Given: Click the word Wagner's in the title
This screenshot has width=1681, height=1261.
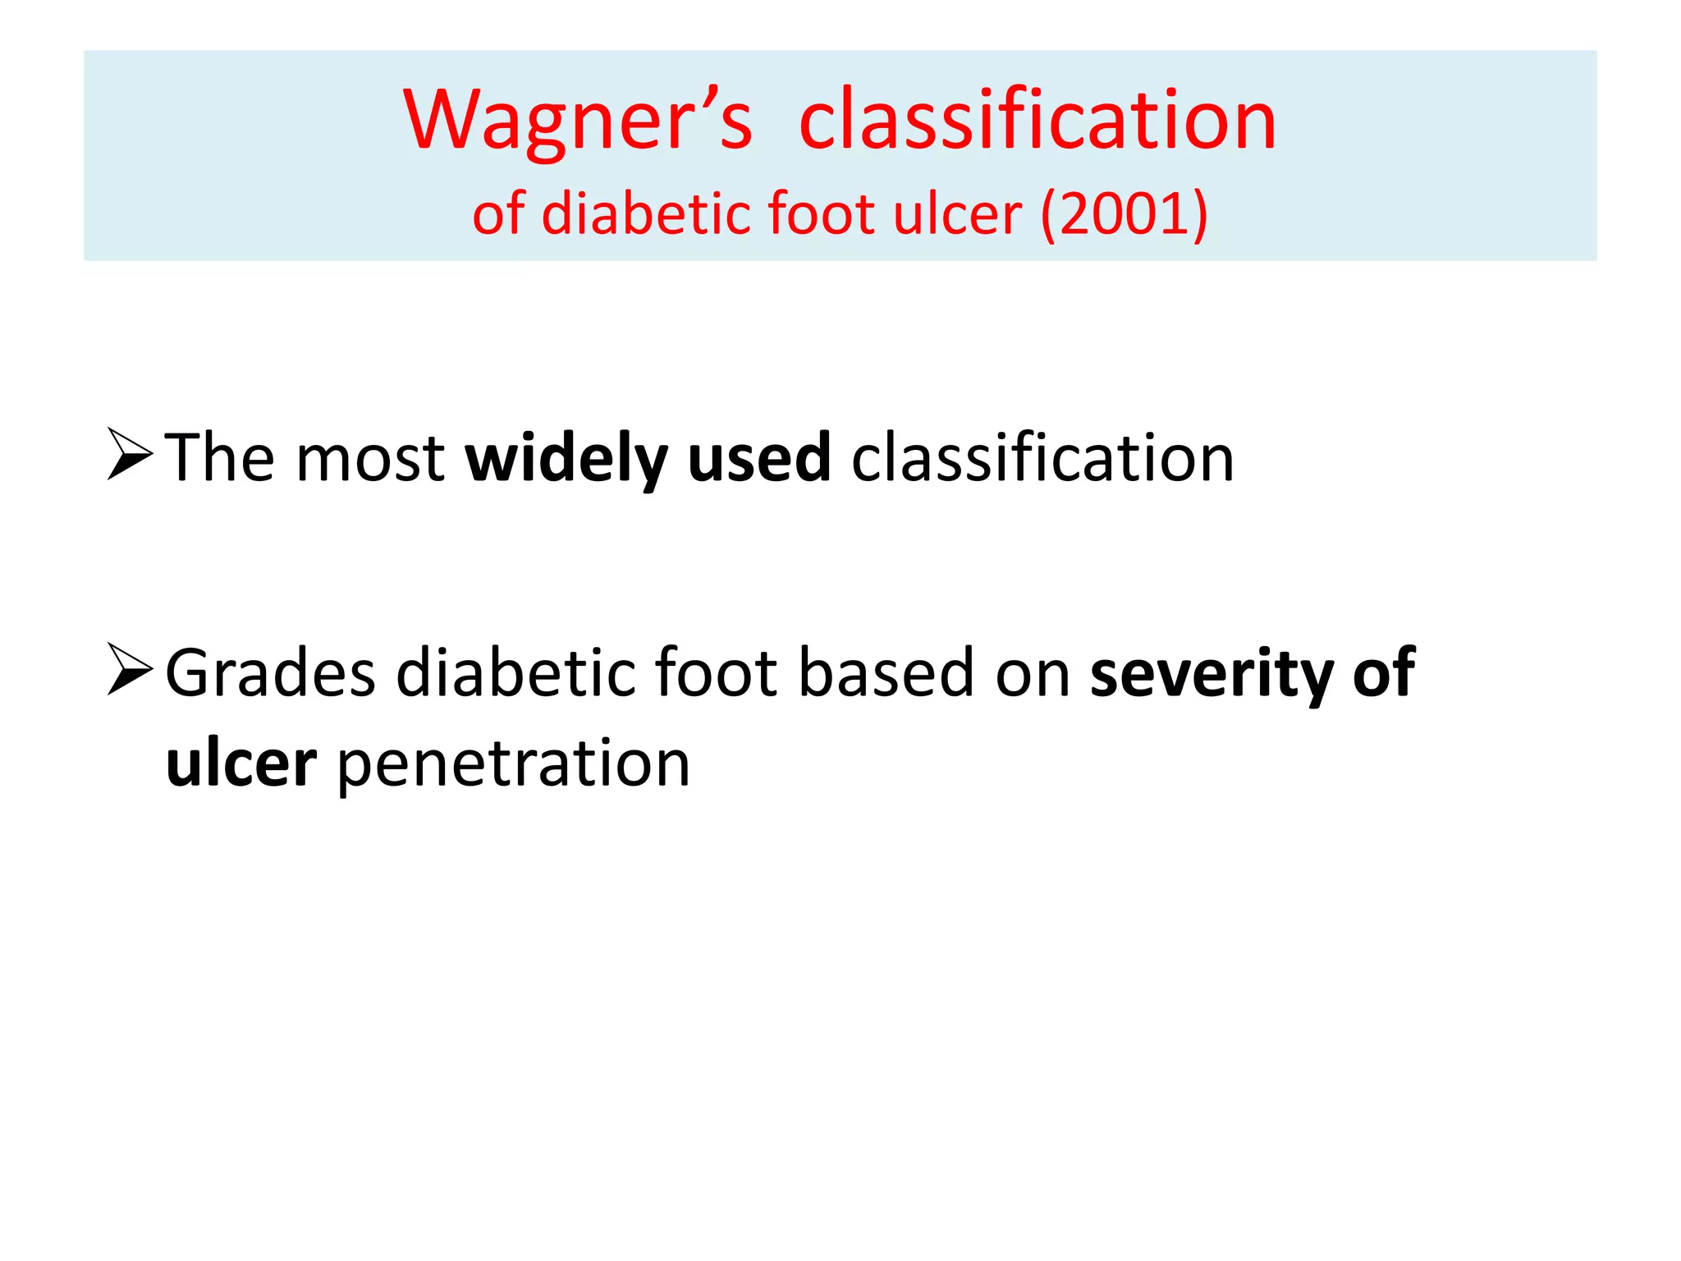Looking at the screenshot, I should [x=577, y=122].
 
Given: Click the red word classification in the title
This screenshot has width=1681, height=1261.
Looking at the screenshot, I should [x=1037, y=122].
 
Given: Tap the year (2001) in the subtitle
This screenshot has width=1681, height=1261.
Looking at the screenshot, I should [x=1124, y=213].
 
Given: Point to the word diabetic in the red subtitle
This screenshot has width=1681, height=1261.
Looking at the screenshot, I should [x=648, y=213].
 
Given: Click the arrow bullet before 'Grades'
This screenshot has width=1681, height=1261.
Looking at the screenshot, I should [x=130, y=670].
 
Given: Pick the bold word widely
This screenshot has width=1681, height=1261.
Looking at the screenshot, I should [x=566, y=458].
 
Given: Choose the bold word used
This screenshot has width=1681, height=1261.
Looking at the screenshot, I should [x=759, y=458].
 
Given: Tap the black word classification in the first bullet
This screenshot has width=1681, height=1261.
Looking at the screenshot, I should [x=1042, y=458].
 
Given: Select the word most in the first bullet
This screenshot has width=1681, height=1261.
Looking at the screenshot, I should [x=370, y=458].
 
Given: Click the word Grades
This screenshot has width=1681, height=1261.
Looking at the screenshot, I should [x=271, y=673].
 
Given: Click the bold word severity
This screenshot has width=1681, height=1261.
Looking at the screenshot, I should [x=1212, y=673].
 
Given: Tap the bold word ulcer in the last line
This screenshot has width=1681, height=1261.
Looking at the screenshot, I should [x=241, y=763].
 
